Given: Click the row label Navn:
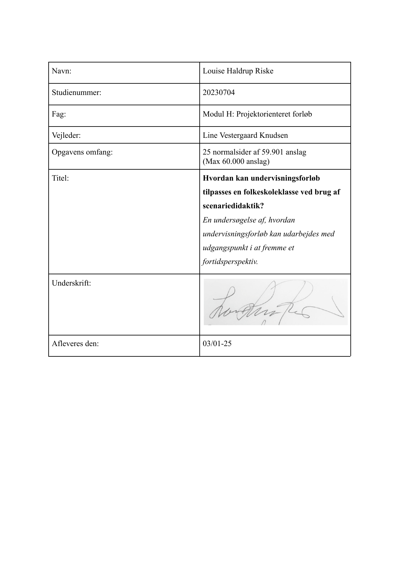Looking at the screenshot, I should click(62, 71).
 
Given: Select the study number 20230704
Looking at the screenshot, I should click(219, 93).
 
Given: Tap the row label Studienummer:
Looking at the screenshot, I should click(76, 93).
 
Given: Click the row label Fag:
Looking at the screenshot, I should click(59, 114).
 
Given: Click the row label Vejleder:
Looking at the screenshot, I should click(66, 136).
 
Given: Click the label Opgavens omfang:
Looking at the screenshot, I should click(82, 152).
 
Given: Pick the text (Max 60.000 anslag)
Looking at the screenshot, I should click(236, 161).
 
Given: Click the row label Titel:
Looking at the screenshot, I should click(60, 178).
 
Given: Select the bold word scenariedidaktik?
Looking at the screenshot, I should click(232, 206).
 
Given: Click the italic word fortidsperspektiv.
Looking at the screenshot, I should click(230, 261).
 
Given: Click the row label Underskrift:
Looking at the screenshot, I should click(71, 283).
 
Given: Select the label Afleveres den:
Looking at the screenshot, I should click(75, 344).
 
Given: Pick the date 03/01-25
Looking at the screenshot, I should click(217, 344).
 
